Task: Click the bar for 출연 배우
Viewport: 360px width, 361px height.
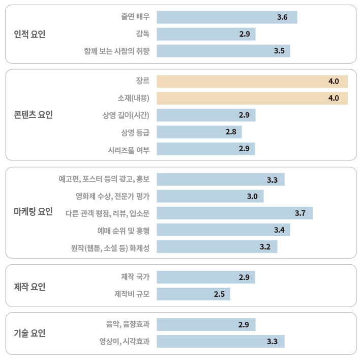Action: click(226, 17)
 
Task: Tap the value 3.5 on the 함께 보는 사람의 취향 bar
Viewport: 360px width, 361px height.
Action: click(279, 51)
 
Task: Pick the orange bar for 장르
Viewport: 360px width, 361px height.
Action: click(252, 81)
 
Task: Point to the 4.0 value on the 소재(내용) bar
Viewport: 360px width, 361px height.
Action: click(334, 98)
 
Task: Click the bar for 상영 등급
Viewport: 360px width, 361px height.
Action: click(199, 132)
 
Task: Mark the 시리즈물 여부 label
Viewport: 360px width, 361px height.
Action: click(129, 149)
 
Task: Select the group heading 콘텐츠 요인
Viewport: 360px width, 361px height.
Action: click(33, 115)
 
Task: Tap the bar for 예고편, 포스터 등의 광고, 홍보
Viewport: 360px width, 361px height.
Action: click(220, 179)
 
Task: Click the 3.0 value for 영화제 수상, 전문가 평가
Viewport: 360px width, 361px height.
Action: click(252, 196)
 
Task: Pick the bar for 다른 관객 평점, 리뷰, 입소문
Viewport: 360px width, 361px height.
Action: click(234, 213)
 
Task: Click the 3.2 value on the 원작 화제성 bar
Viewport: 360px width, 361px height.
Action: click(265, 247)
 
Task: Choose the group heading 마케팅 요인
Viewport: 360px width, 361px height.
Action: click(33, 212)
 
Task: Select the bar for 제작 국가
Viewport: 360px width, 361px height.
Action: click(205, 277)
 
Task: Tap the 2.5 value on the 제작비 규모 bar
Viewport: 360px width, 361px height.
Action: click(219, 294)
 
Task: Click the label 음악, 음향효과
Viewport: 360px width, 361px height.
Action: click(128, 324)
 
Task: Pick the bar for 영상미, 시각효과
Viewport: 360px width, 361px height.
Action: click(220, 341)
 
